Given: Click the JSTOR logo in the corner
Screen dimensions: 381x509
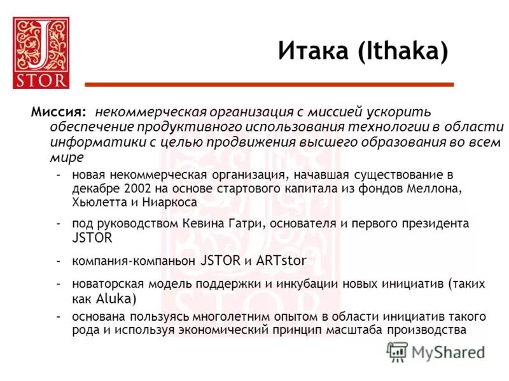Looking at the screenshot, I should [41, 52].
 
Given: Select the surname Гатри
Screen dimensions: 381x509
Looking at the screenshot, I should [225, 224].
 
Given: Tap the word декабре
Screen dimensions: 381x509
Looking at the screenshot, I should [94, 189].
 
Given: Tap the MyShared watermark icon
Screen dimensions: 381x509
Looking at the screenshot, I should [398, 351].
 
